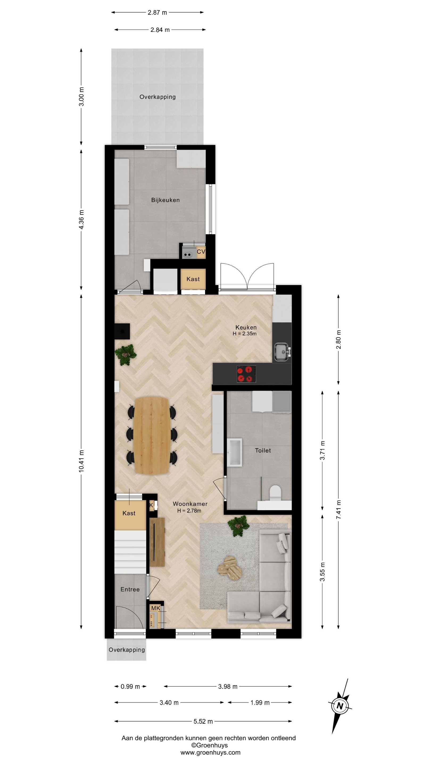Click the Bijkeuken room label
coord(165,200)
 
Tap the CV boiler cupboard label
coord(201,252)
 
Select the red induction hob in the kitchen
coord(246,374)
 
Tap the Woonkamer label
coord(190,504)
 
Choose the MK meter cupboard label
coord(156,608)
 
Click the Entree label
coord(130,589)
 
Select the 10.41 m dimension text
coord(81,461)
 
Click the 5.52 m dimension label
coord(203,721)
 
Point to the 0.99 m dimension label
coord(130,686)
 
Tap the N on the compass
coord(340,706)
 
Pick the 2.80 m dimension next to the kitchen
coord(338,340)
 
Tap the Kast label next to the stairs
coord(129,513)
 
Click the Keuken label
coord(246,327)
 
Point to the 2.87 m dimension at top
coord(157,13)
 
